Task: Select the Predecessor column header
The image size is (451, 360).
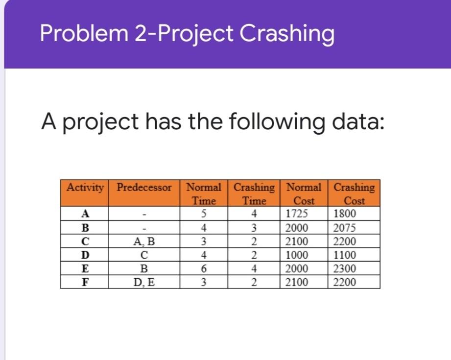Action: pos(144,188)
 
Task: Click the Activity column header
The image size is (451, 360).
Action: pos(85,188)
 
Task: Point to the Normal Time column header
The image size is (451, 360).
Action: pos(204,194)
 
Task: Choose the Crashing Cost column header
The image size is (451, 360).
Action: pos(354,194)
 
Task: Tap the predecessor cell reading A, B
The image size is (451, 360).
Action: pos(144,241)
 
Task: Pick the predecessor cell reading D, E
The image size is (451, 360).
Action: pos(144,283)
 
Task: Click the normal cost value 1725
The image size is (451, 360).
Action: pos(296,214)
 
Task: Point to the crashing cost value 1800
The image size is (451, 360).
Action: pos(344,214)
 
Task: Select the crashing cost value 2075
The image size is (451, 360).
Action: pos(344,228)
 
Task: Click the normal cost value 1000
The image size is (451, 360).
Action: pos(296,255)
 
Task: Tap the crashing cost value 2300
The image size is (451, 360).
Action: pos(344,269)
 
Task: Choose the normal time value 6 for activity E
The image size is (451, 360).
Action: pos(203,269)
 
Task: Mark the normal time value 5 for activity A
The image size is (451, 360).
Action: pos(203,214)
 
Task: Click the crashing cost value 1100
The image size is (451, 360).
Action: pos(344,255)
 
